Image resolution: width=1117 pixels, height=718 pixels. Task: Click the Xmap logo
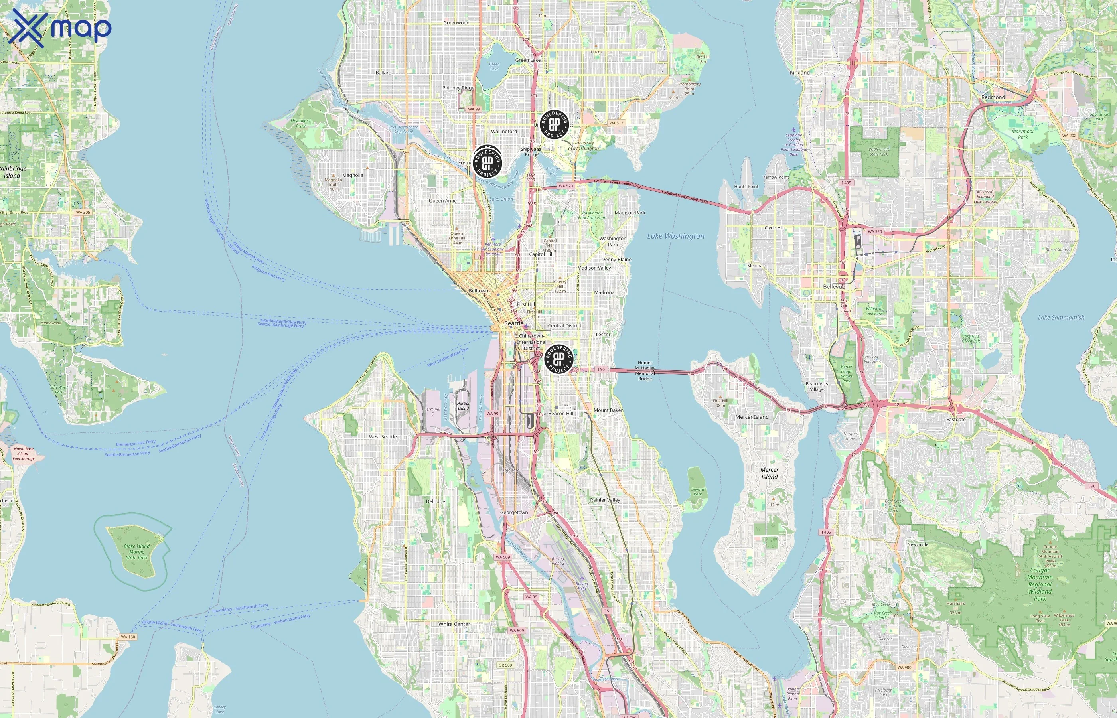coord(60,28)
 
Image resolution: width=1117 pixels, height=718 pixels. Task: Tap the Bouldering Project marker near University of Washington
coord(554,124)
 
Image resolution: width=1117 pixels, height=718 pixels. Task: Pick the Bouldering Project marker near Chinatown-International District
coord(558,359)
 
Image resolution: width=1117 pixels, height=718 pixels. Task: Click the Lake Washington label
coord(675,236)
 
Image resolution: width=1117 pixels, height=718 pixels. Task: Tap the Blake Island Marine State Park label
coord(136,552)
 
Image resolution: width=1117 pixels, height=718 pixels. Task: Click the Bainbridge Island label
coord(13,172)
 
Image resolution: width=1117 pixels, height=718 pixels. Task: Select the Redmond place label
coord(993,97)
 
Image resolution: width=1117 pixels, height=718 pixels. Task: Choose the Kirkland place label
coord(799,73)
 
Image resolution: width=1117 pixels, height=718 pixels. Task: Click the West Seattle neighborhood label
coord(383,437)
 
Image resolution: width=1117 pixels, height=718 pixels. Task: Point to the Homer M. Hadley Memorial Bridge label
coord(645,371)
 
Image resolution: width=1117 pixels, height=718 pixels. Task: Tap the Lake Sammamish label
coord(1061,318)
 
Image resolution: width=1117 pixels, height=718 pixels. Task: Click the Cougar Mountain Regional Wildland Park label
coord(1040,584)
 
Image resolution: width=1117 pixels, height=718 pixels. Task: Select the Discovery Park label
coord(301,123)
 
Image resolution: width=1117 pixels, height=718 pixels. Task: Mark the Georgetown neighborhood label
coord(514,513)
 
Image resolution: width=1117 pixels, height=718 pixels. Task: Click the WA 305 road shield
coord(83,212)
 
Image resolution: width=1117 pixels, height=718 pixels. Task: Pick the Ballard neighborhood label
coord(383,73)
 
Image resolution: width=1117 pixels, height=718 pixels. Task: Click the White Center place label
coord(454,624)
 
